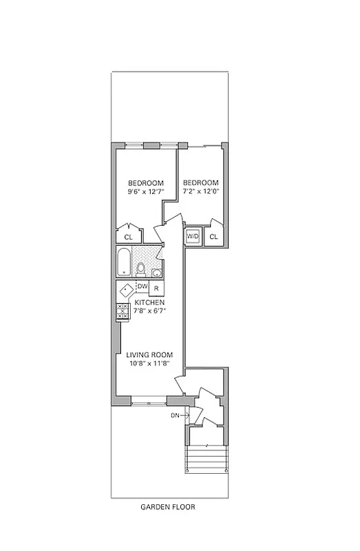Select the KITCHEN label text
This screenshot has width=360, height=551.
(x=149, y=302)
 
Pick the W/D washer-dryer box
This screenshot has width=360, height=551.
(x=193, y=237)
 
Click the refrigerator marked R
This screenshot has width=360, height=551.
(x=156, y=287)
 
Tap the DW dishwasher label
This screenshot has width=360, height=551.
(x=142, y=287)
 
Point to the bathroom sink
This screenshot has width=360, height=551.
(x=156, y=273)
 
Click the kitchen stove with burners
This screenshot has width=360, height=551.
(x=123, y=311)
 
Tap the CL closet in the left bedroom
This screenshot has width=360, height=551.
(x=128, y=237)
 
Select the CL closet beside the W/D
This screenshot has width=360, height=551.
(x=213, y=237)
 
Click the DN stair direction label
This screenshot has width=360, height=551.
(x=175, y=415)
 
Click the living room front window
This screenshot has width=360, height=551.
(x=148, y=400)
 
